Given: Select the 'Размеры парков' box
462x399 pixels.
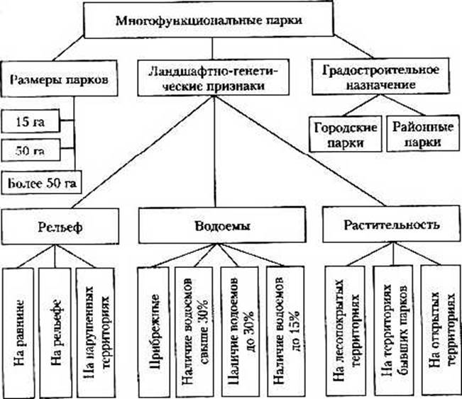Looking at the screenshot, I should point(59,79).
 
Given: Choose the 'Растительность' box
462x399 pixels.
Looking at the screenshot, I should point(389,226).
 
